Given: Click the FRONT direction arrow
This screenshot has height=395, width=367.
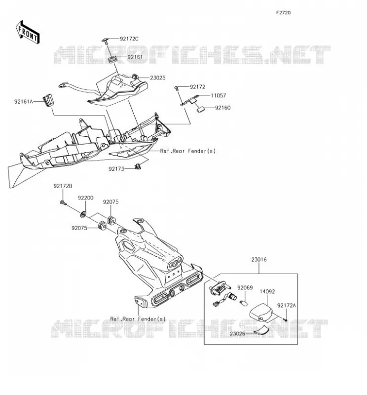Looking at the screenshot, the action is [x=28, y=32].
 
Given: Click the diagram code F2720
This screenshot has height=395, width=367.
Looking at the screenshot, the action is [x=283, y=13].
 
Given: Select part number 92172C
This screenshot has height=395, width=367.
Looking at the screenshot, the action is [x=129, y=39].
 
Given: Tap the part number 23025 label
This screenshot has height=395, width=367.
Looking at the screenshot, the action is [x=158, y=78].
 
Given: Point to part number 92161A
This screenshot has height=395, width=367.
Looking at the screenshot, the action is [x=24, y=102].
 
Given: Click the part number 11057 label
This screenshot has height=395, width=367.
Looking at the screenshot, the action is [x=219, y=95].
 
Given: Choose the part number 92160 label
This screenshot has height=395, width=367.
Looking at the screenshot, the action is [x=223, y=108].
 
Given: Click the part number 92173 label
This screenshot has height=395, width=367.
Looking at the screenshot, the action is [x=116, y=169].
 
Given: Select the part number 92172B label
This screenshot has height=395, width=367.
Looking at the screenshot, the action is [x=63, y=186].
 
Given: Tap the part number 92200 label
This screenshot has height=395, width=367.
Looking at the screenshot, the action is [x=85, y=198].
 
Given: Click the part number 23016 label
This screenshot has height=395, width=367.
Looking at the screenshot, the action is [x=259, y=260].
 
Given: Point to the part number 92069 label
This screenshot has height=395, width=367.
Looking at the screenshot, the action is [x=245, y=288].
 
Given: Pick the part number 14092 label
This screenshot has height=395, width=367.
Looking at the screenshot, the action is [x=267, y=292].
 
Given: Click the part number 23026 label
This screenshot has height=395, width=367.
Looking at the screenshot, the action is [x=237, y=334].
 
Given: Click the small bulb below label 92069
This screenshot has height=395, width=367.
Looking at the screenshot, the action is [x=244, y=301].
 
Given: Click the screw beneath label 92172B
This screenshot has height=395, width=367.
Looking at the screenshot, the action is [x=63, y=202].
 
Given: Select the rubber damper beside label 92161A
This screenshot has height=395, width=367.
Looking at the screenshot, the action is [x=48, y=100].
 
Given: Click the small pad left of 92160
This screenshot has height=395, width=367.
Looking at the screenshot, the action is [x=201, y=110].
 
